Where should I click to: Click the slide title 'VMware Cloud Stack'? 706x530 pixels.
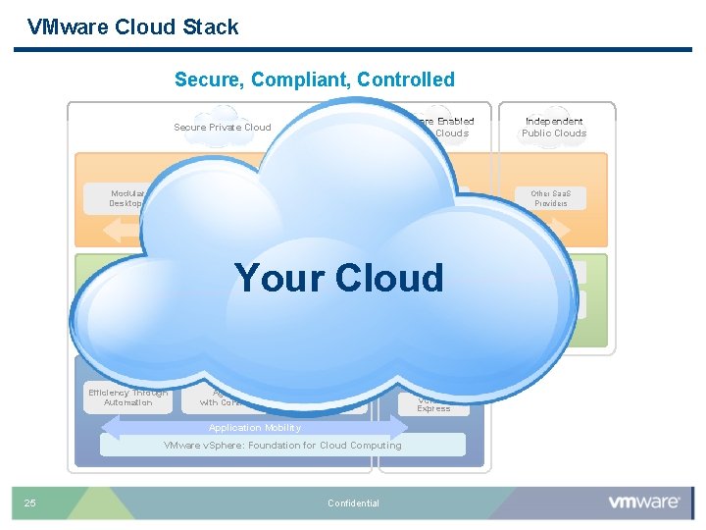coord(133,27)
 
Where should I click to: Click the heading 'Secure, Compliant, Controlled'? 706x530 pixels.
coord(314,79)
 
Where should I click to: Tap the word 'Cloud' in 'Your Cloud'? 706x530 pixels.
coord(391,278)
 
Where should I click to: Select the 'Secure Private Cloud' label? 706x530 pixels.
coord(222,127)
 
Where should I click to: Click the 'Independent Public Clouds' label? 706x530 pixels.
coord(554,127)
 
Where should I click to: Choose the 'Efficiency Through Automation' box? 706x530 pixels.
coord(127,397)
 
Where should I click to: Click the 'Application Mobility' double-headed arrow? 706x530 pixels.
coord(255,428)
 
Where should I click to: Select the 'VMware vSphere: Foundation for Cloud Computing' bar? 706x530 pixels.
coord(282,446)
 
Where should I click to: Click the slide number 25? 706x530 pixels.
coord(30,503)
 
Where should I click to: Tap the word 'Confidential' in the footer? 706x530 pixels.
coord(353,503)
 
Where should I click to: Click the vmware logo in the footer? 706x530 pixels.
coord(644,502)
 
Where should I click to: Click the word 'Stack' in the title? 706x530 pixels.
coord(212,27)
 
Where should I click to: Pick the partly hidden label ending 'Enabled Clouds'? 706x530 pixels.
coord(446,127)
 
